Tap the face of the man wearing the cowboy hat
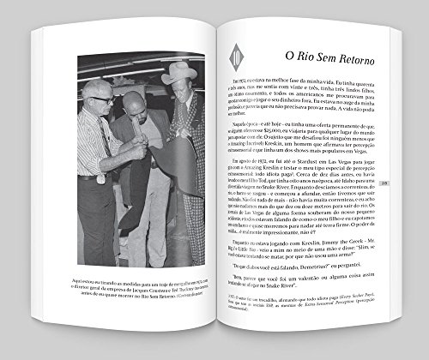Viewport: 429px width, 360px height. coord(178,94)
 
